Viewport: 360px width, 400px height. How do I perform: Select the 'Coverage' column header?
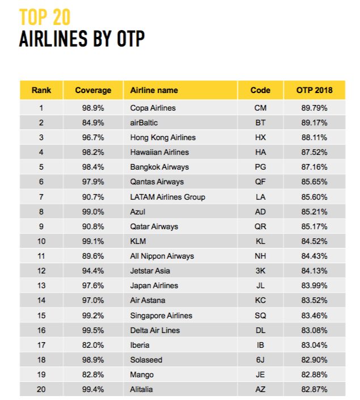[x=93, y=90]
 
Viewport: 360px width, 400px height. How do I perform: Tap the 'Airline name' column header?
[x=154, y=90]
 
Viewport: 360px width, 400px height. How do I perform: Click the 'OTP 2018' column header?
[x=314, y=90]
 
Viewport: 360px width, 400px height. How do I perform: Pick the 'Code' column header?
[x=261, y=90]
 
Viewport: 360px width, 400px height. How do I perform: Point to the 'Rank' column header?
[x=41, y=90]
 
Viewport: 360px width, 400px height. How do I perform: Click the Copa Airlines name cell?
[x=153, y=108]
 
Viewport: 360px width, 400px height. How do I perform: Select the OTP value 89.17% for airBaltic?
[x=314, y=123]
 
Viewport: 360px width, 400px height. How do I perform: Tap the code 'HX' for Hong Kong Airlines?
[x=261, y=137]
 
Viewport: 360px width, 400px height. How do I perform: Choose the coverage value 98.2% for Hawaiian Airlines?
[x=93, y=152]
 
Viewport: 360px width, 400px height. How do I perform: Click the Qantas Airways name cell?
[x=157, y=182]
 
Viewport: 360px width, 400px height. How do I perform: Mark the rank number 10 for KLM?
[x=41, y=241]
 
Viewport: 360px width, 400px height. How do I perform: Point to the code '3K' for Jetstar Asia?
[x=261, y=271]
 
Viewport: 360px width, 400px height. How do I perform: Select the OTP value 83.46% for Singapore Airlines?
[x=314, y=315]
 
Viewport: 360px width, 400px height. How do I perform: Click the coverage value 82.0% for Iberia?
[x=93, y=345]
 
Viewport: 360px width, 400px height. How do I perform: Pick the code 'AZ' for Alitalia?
[x=261, y=389]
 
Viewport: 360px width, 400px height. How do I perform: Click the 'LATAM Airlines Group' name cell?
[x=168, y=197]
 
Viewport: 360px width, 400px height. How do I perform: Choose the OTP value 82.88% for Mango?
[x=314, y=374]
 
